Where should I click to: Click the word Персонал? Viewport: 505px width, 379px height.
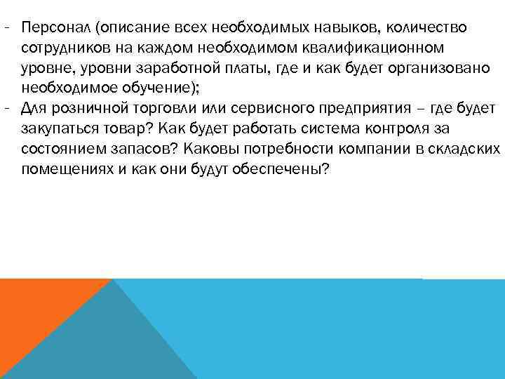coord(57,27)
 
